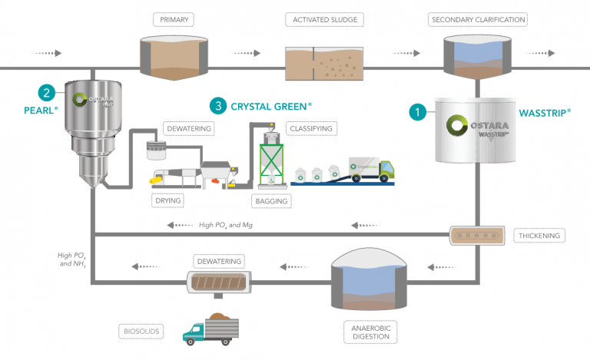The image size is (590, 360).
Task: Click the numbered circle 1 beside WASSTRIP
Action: tap(416, 112)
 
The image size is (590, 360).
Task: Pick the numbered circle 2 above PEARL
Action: tap(48, 94)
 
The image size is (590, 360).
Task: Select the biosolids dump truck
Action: tap(208, 326)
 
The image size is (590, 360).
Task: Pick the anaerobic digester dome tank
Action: tap(367, 279)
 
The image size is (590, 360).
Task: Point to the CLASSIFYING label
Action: tap(310, 127)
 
